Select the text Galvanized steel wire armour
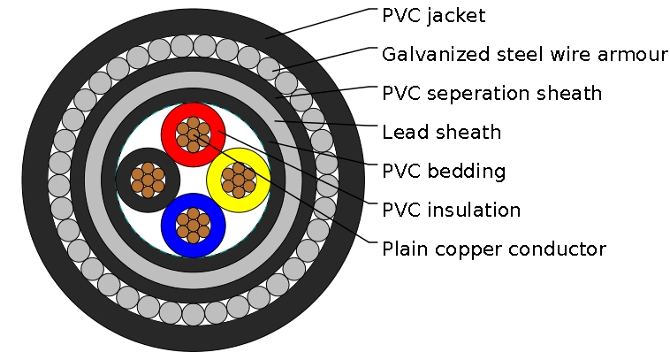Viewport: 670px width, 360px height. tap(524, 55)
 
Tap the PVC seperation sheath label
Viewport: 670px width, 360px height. tap(491, 93)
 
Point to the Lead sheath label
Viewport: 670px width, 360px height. tap(441, 133)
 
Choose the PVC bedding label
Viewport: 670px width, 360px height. tap(443, 172)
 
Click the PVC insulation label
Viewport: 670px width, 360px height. tap(451, 211)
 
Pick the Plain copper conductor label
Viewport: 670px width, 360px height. tap(493, 249)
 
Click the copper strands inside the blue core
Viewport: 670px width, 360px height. tap(193, 224)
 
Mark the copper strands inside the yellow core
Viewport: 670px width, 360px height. tap(238, 180)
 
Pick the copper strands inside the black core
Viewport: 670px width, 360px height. tap(148, 180)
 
